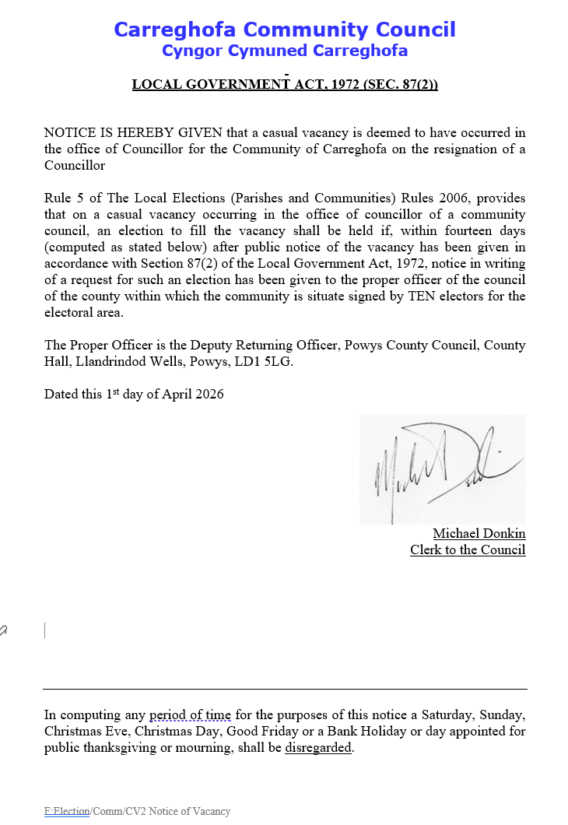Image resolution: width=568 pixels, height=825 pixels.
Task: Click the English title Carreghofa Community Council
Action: click(284, 30)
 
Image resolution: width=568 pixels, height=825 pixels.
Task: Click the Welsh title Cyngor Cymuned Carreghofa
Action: click(284, 51)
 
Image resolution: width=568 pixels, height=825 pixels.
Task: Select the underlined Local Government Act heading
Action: click(284, 84)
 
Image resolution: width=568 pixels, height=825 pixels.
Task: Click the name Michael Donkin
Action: click(479, 533)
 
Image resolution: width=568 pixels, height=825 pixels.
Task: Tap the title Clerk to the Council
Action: click(468, 549)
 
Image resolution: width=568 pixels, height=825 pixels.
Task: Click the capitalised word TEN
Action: click(423, 296)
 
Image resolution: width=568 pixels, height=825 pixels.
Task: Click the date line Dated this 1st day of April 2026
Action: click(134, 394)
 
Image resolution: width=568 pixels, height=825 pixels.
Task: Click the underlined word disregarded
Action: click(318, 748)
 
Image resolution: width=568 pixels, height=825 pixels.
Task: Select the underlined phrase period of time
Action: click(190, 714)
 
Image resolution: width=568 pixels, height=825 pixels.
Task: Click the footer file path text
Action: click(137, 811)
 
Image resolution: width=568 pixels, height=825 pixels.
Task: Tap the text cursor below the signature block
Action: click(45, 630)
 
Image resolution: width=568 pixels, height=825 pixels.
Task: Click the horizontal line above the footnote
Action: click(284, 689)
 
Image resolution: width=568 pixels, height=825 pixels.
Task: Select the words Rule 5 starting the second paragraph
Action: click(63, 198)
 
